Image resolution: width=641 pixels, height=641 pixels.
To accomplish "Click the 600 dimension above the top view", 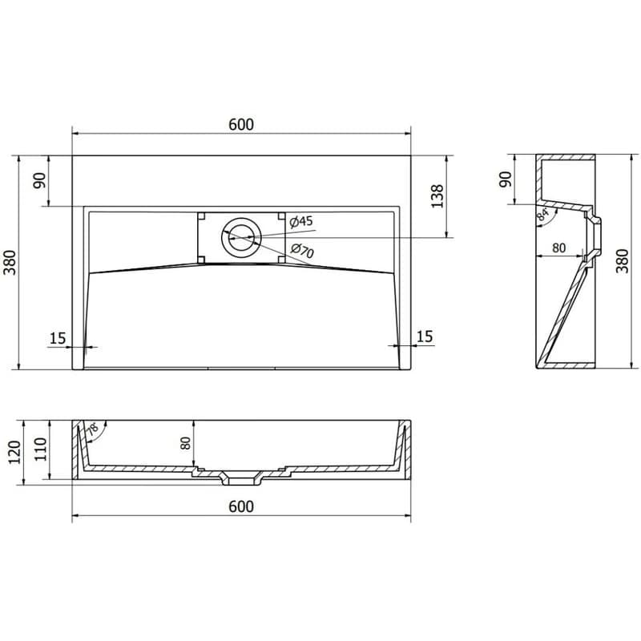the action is tap(241, 124).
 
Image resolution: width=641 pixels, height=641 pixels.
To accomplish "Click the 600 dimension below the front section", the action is tap(241, 506).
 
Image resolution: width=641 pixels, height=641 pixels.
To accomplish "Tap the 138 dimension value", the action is tap(437, 196).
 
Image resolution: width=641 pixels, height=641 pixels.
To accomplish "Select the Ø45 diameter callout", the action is tap(301, 222).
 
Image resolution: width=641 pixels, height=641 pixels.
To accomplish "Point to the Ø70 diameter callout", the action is tap(303, 250).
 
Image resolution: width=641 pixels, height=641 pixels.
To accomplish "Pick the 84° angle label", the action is tap(543, 215).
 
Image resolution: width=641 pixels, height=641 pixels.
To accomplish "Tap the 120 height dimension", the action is tap(14, 452).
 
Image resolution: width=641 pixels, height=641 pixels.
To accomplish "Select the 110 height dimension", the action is tap(40, 450).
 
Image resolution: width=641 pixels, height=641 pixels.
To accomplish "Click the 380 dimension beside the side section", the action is tap(622, 261).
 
